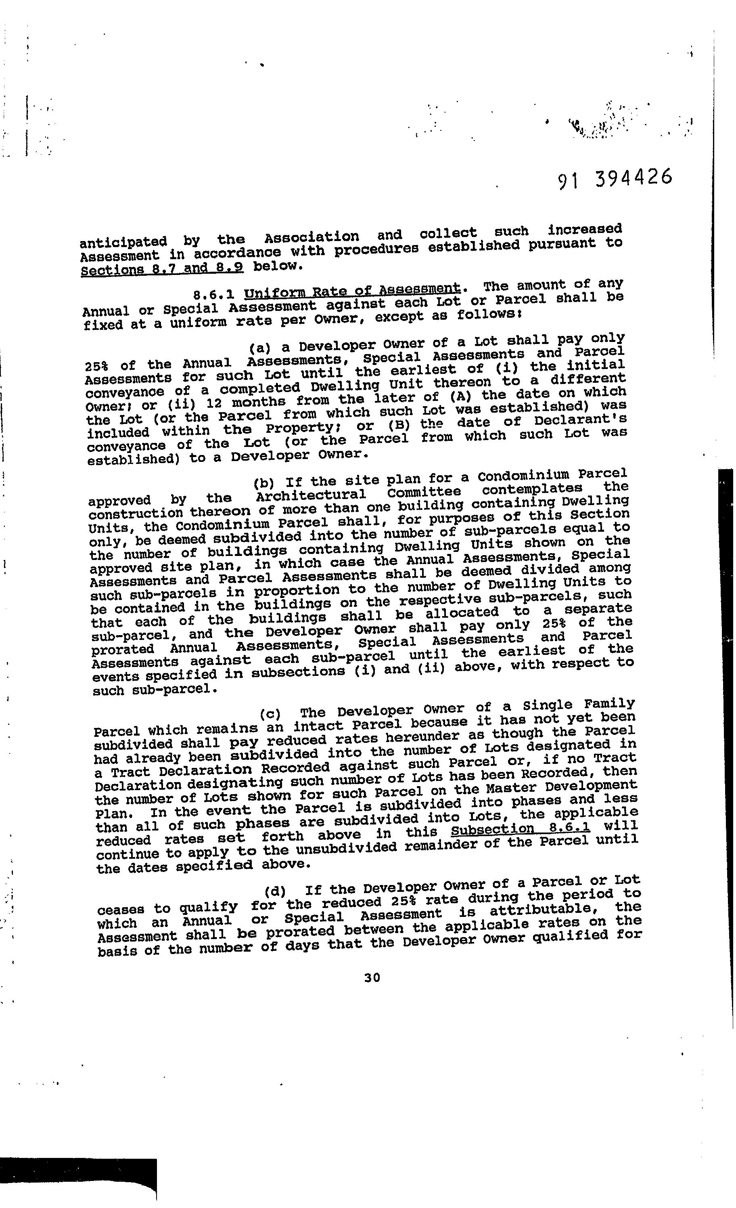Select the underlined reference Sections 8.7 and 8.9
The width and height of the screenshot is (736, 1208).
click(162, 268)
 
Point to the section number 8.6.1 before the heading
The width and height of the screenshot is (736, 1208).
click(213, 295)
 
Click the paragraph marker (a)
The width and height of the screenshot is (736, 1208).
click(260, 348)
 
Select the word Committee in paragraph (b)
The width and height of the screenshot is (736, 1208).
click(424, 492)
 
